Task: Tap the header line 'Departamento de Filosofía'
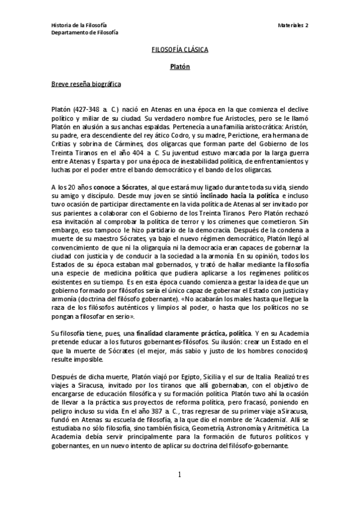pos(84,32)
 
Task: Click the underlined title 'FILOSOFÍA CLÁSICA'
pos(179,50)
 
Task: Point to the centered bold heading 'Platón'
pos(179,67)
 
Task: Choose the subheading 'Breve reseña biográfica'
pos(86,84)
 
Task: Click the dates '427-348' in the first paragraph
pos(84,112)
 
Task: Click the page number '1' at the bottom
pos(179,475)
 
